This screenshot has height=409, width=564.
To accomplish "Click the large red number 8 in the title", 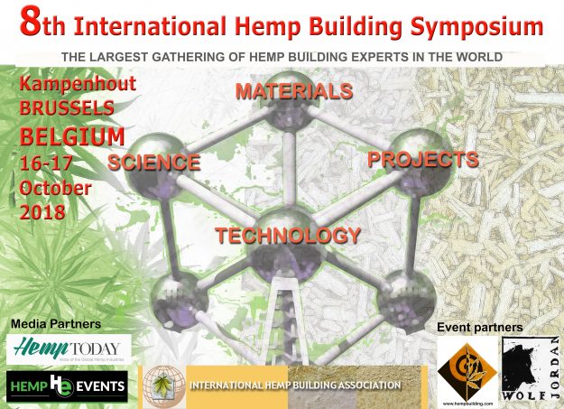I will coord(30,24).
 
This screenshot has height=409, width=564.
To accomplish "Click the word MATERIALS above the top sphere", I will coord(293,92).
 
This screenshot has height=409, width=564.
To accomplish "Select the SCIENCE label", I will coord(153,163).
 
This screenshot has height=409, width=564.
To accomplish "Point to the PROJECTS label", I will coord(421,160).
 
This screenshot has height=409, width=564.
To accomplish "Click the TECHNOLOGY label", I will coord(287,236).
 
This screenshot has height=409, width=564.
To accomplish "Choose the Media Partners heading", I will coord(56,323).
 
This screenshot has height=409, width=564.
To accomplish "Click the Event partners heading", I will coord(479,326).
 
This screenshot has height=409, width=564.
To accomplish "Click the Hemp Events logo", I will coord(68,386).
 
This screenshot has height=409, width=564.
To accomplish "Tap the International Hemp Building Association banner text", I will coord(294,386).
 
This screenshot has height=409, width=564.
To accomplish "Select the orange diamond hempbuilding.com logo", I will coord(466,370).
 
